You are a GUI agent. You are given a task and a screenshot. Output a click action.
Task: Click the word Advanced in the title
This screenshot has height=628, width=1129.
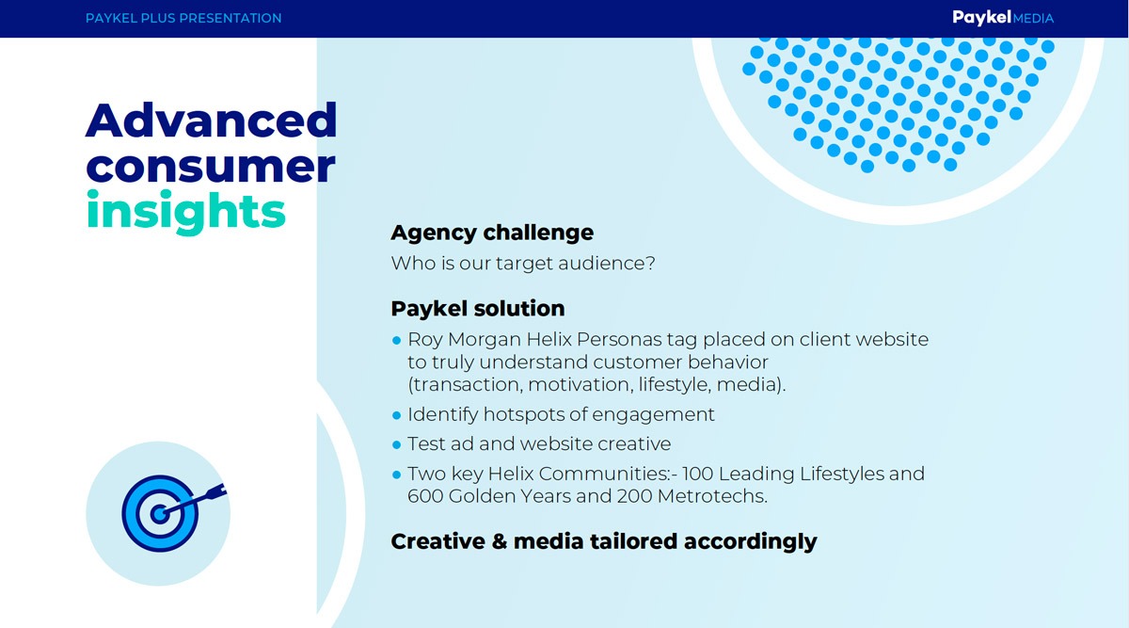coord(211,121)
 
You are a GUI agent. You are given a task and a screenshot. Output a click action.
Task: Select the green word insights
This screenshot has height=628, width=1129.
coord(186,212)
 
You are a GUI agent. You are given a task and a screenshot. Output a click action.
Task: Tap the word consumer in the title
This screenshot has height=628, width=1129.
coord(211,167)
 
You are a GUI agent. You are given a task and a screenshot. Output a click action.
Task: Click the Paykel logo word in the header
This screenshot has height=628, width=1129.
coord(981,18)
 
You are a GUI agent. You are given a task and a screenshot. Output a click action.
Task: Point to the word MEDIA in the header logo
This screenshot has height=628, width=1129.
coord(1033,19)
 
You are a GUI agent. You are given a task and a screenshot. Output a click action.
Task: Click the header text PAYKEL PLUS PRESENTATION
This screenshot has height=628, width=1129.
coord(183,18)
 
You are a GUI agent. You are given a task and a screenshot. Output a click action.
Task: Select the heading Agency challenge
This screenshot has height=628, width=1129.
coord(492,233)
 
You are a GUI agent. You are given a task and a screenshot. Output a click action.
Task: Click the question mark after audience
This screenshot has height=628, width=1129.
coord(650,263)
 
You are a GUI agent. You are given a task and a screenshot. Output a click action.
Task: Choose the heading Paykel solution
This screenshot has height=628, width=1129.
coord(478,309)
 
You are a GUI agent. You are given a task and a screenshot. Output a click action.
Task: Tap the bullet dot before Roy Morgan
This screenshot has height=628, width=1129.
coord(397,341)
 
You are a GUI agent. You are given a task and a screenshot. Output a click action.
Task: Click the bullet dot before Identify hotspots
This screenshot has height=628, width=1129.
coord(397,415)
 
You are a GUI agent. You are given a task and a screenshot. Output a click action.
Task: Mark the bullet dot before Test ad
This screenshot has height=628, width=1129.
coord(397,445)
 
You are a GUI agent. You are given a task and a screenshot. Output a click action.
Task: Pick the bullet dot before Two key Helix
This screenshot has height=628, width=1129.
coord(397,475)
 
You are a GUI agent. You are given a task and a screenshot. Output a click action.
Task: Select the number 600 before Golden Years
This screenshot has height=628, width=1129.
coord(424,496)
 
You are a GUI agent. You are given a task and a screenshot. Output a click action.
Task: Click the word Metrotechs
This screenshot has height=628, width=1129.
coord(712,496)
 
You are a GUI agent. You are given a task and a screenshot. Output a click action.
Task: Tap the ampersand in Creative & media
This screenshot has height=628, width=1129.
coord(499,541)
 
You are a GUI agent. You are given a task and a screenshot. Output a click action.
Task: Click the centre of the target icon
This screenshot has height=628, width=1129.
coord(160,514)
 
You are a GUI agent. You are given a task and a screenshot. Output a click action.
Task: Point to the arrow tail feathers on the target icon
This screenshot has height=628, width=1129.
coord(217,491)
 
